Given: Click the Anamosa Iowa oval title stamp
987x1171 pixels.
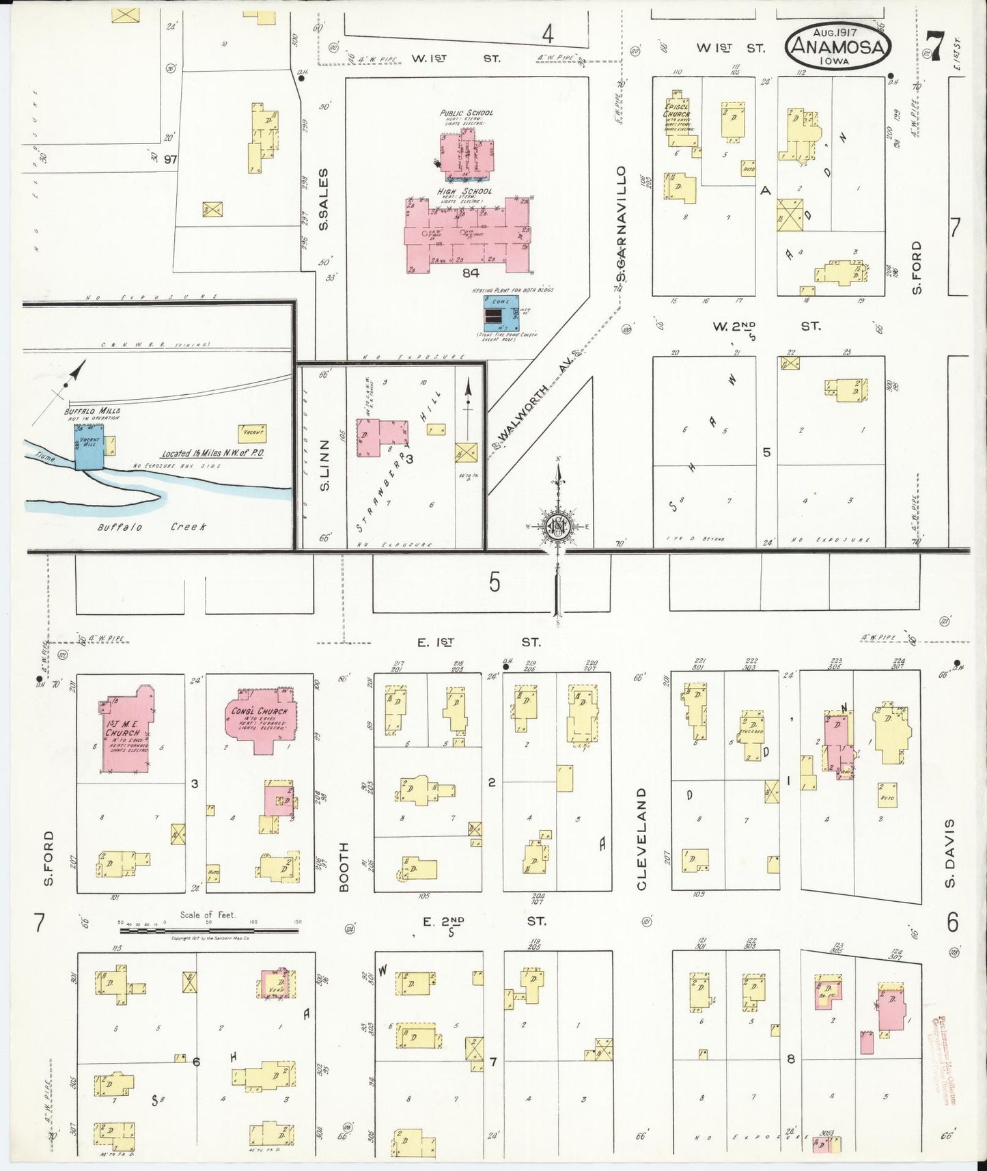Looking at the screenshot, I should tap(839, 46).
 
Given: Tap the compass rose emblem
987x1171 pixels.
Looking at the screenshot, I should tap(557, 525).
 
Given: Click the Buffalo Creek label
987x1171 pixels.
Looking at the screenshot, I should tap(151, 527).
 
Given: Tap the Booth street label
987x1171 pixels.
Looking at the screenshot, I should tap(344, 866).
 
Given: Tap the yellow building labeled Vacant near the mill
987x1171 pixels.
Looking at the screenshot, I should tap(251, 433).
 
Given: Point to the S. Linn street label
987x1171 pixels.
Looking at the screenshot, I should tap(324, 464).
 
